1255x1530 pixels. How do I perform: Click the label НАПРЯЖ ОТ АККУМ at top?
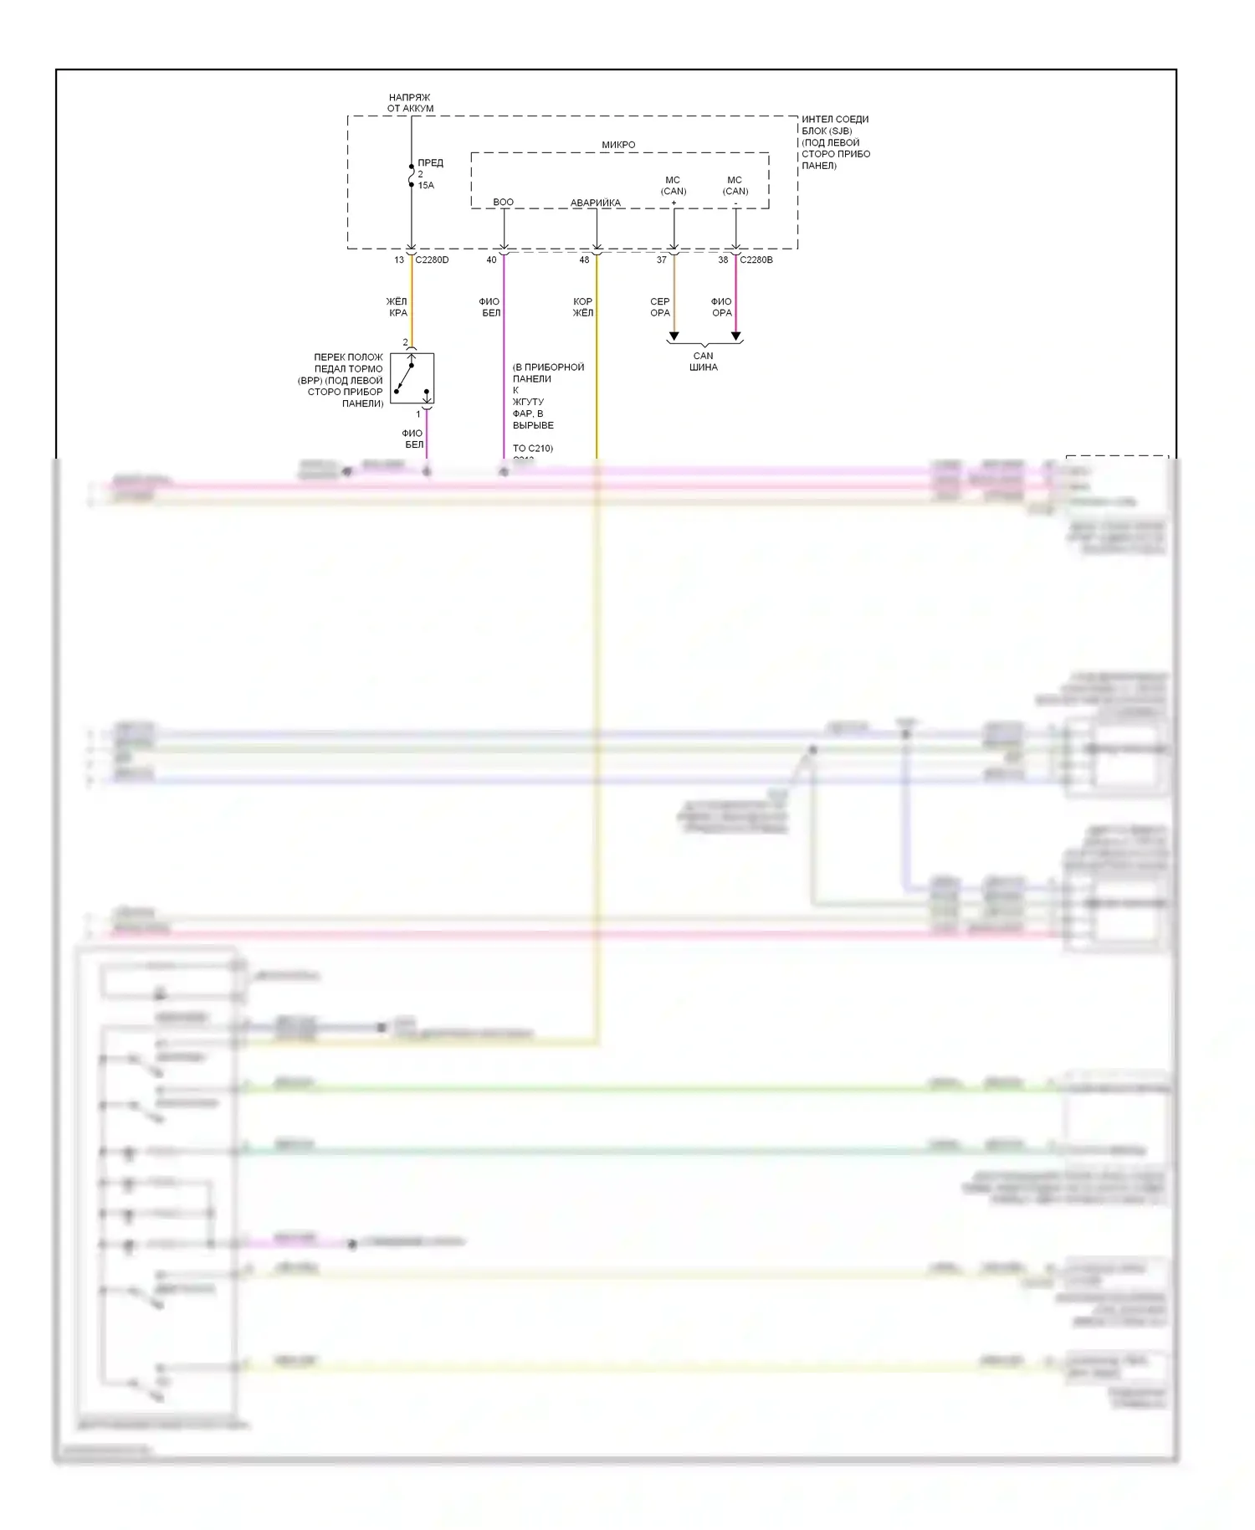tap(409, 103)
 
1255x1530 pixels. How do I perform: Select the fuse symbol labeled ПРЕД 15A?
tap(411, 176)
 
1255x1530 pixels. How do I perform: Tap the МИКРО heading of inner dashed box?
tap(618, 145)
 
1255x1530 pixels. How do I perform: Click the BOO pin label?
tap(503, 202)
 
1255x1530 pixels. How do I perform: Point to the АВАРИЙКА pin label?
tap(595, 203)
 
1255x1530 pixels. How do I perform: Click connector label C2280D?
tap(432, 259)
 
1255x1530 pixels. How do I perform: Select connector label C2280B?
tap(756, 259)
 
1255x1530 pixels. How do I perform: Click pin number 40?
tap(491, 259)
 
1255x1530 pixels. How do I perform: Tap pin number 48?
tap(584, 259)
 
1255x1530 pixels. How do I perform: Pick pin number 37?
tap(661, 259)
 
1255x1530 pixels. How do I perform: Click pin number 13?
tap(399, 259)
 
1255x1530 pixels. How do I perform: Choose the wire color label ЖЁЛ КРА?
tap(397, 307)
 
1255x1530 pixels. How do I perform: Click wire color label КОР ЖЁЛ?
tap(582, 307)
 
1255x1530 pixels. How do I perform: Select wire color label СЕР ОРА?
tap(659, 307)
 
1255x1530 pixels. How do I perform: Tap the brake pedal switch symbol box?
tap(412, 378)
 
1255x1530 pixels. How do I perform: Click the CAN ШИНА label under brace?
tap(704, 362)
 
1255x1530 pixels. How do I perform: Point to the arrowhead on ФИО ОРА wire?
tap(735, 336)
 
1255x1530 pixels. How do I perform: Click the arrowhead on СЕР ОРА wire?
tap(674, 336)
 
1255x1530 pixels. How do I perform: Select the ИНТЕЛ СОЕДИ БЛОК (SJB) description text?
tap(835, 142)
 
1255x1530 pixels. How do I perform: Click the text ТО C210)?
tap(532, 448)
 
